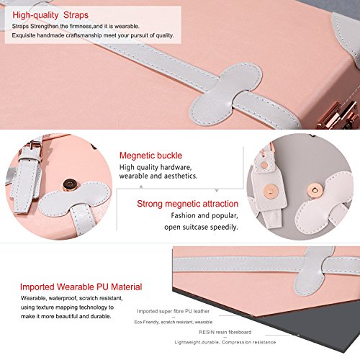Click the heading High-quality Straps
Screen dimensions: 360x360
pos(50,15)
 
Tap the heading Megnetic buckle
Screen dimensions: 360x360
pos(150,156)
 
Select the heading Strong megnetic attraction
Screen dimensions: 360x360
pos(187,204)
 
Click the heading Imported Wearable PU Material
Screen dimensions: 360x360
pos(81,287)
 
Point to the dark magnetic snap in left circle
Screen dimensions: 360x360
pos(70,184)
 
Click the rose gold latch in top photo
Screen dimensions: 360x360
pos(338,115)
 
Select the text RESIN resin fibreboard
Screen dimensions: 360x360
pos(225,332)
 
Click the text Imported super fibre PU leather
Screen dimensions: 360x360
pos(174,311)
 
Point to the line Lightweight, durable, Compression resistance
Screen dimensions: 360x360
pos(225,342)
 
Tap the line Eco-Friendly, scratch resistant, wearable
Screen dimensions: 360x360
pos(174,322)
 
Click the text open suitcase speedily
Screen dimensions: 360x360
pos(201,227)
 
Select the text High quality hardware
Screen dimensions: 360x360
pos(156,167)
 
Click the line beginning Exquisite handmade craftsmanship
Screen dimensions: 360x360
pos(93,35)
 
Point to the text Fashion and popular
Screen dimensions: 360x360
pos(204,215)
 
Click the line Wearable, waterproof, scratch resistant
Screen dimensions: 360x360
pos(72,298)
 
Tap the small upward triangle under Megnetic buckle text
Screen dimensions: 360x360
pos(141,186)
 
